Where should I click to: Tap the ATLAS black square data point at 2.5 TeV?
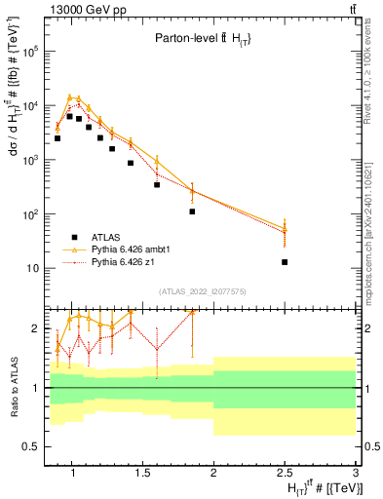pyautogui.click(x=285, y=262)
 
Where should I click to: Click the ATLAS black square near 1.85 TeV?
pyautogui.click(x=193, y=211)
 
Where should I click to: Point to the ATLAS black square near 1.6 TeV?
pyautogui.click(x=157, y=184)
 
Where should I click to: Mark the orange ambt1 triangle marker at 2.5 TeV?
pyautogui.click(x=285, y=229)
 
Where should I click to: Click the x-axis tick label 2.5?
pyautogui.click(x=285, y=474)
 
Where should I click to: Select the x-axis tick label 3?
pyautogui.click(x=356, y=474)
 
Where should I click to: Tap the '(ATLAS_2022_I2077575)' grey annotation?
pyautogui.click(x=202, y=290)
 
